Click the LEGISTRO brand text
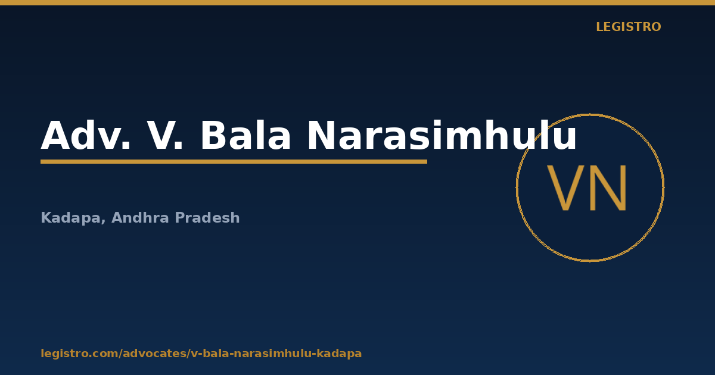coord(628,27)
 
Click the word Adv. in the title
coord(86,135)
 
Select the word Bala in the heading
coord(245,135)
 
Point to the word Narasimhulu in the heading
coord(442,135)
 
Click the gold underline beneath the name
coord(234,162)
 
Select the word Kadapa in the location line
coord(71,218)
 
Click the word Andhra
coord(140,217)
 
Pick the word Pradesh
coord(207,217)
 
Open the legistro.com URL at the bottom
coord(201,354)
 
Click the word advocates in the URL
coord(155,354)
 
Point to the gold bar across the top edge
coord(357,2)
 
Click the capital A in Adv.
coord(55,135)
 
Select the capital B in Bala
coord(213,135)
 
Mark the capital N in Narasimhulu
coord(321,135)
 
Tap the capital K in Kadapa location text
coord(46,217)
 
